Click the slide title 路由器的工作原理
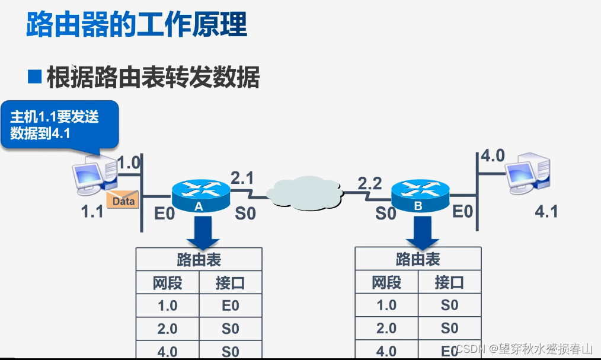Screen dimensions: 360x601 tap(136, 25)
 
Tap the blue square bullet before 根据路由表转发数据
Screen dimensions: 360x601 tap(35, 76)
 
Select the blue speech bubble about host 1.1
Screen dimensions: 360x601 tap(59, 125)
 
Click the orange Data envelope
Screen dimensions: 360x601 tap(123, 199)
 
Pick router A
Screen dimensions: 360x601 tap(200, 194)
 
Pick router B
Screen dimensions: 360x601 tap(420, 194)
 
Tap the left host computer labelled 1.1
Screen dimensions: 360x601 tap(92, 175)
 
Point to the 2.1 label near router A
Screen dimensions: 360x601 tap(241, 178)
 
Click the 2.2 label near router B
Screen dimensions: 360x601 tap(369, 183)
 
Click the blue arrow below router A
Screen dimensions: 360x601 tap(203, 232)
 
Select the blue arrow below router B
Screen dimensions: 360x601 tap(422, 232)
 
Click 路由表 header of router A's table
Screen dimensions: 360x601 tap(199, 260)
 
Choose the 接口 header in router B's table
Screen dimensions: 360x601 tap(449, 282)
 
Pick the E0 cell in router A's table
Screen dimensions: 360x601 tap(230, 305)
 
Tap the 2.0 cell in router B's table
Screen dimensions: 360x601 tap(386, 328)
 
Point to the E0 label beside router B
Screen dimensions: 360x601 tap(463, 211)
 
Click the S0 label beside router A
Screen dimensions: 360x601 tap(245, 213)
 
